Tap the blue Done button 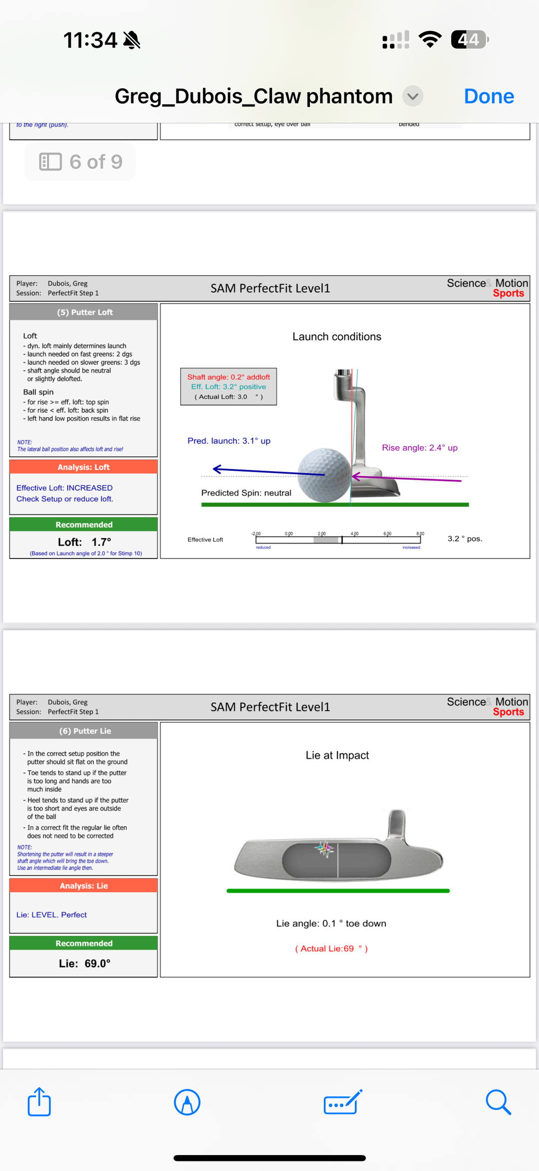coord(489,96)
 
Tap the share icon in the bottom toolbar coord(39,1102)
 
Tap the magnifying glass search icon coord(498,1102)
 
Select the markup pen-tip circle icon coord(187,1102)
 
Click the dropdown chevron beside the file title coord(413,96)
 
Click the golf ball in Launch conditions coord(325,475)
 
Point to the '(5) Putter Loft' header coord(84,312)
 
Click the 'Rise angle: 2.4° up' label coord(420,448)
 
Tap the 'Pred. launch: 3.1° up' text coord(229,441)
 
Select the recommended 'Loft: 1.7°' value coord(84,542)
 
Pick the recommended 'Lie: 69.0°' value coord(84,963)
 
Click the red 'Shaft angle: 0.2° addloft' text coord(229,377)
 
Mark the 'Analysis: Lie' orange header coord(84,886)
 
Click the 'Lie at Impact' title coord(337,755)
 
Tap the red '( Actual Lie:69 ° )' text coord(331,948)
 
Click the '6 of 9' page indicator coord(81,162)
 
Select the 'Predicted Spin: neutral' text coord(246,493)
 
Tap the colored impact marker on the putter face coord(325,848)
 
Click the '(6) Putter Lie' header coord(85,731)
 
